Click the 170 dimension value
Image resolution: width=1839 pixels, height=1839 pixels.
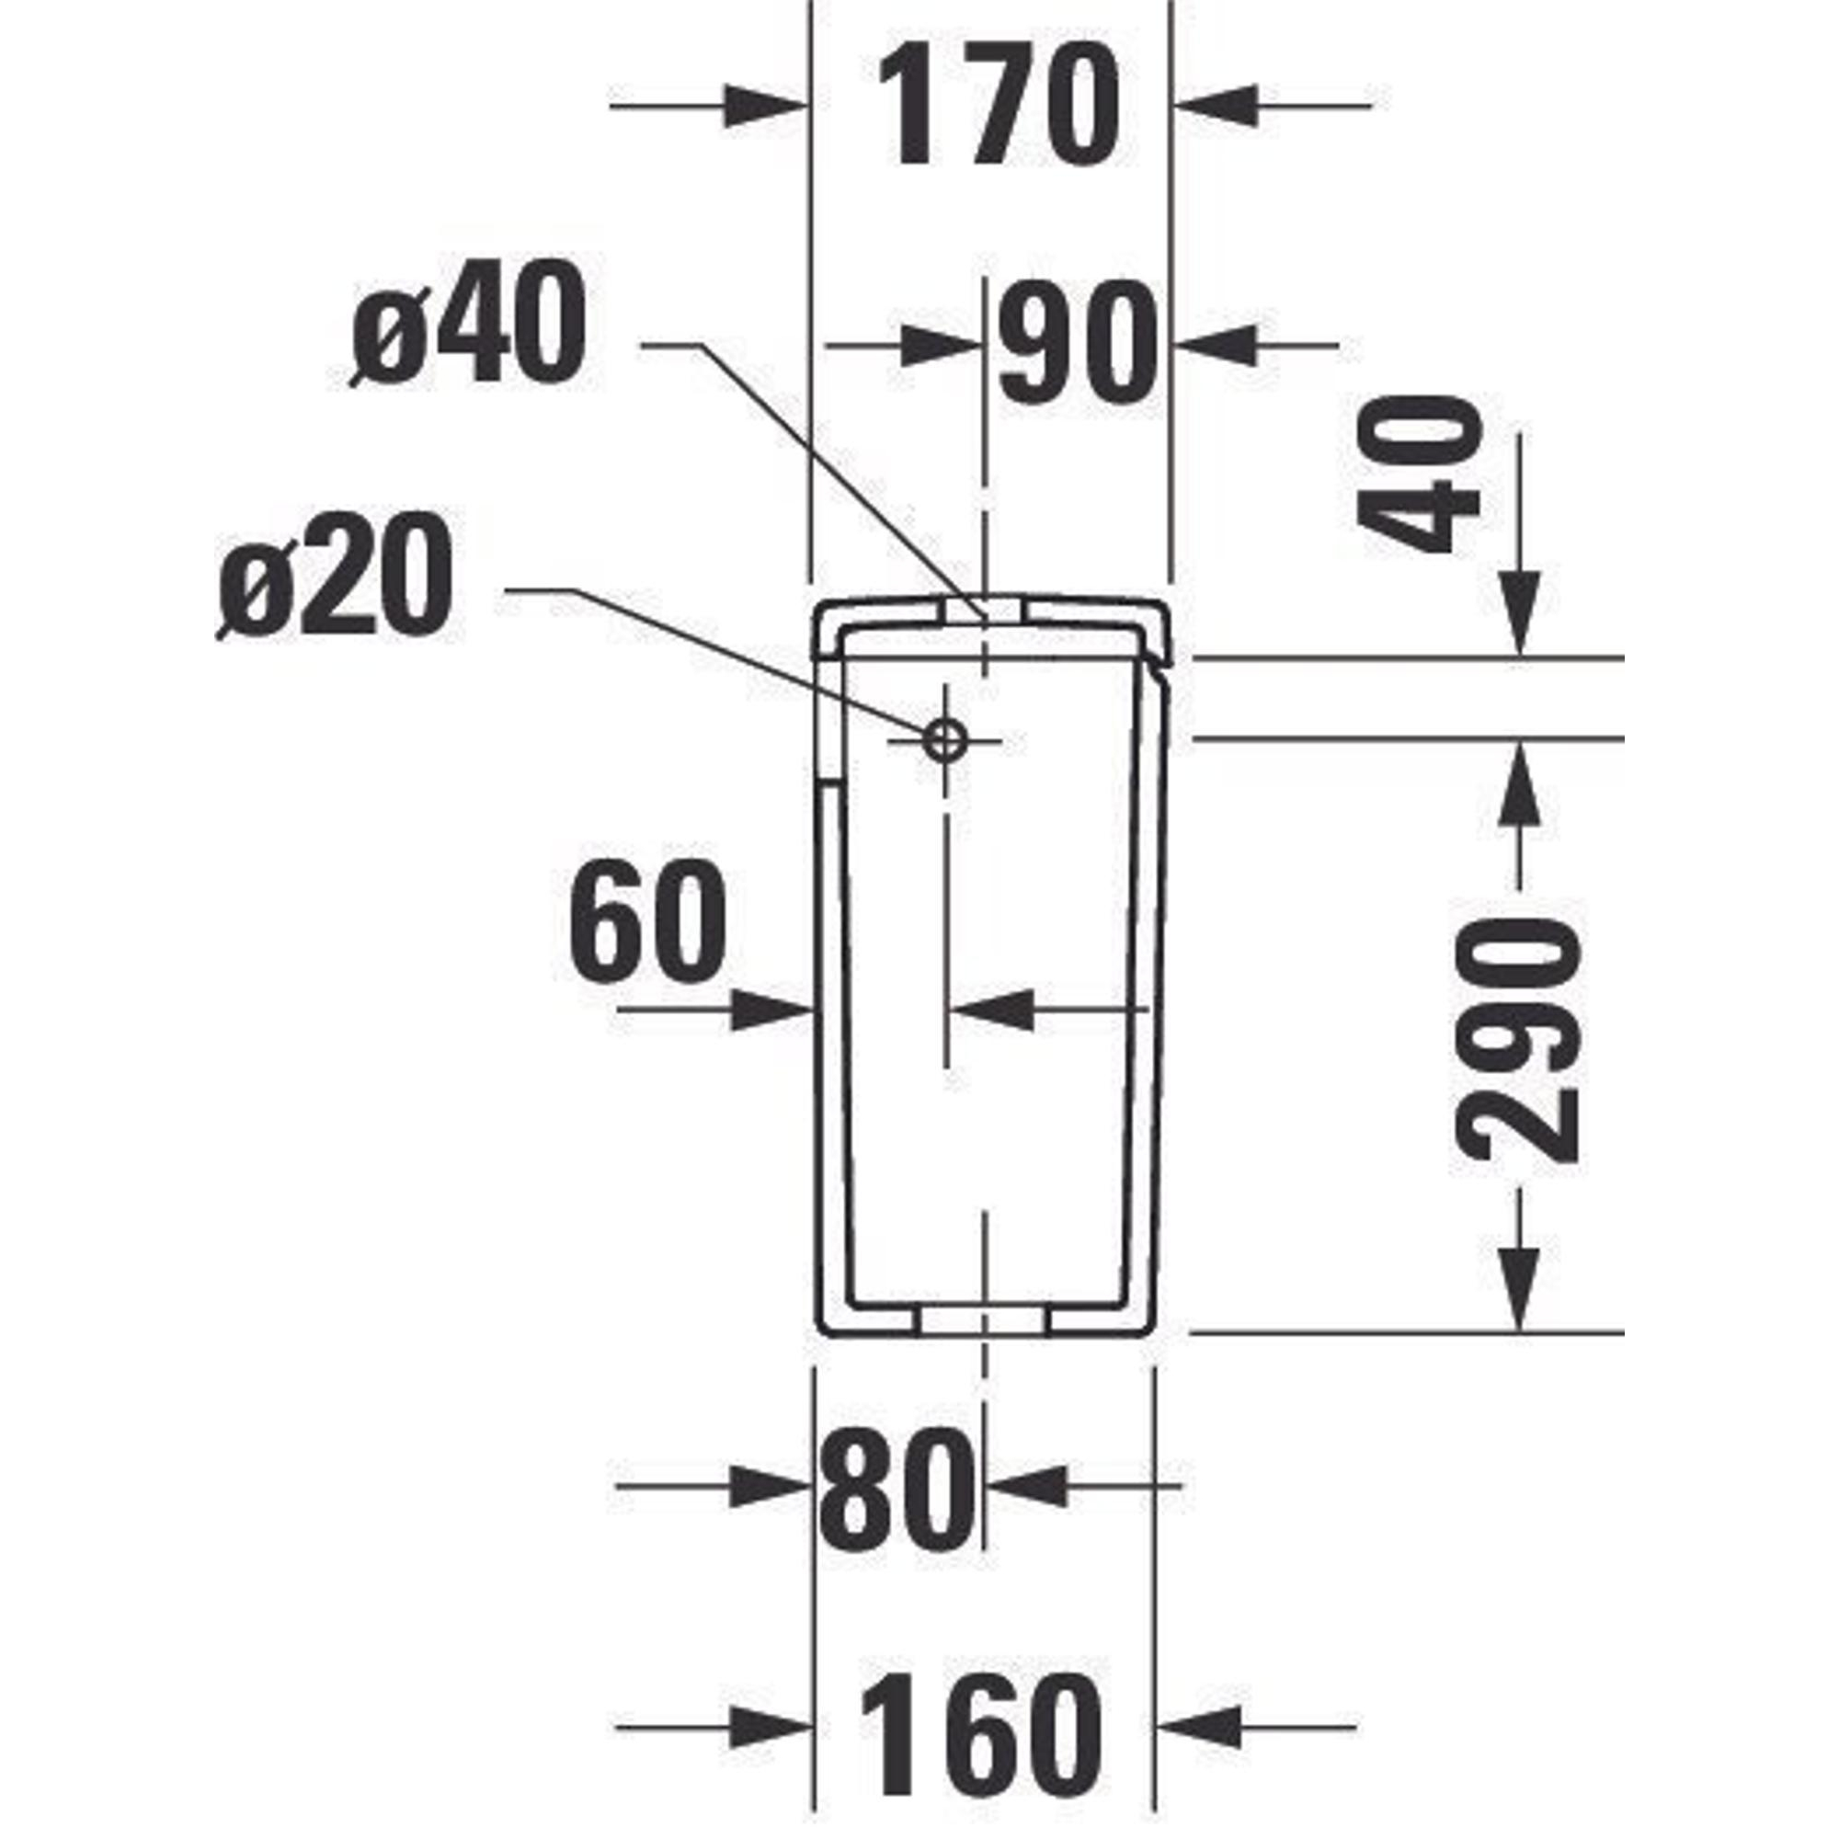click(x=999, y=107)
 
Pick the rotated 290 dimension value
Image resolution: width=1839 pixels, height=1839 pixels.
click(x=1517, y=1039)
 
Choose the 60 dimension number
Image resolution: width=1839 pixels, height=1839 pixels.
click(x=646, y=921)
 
